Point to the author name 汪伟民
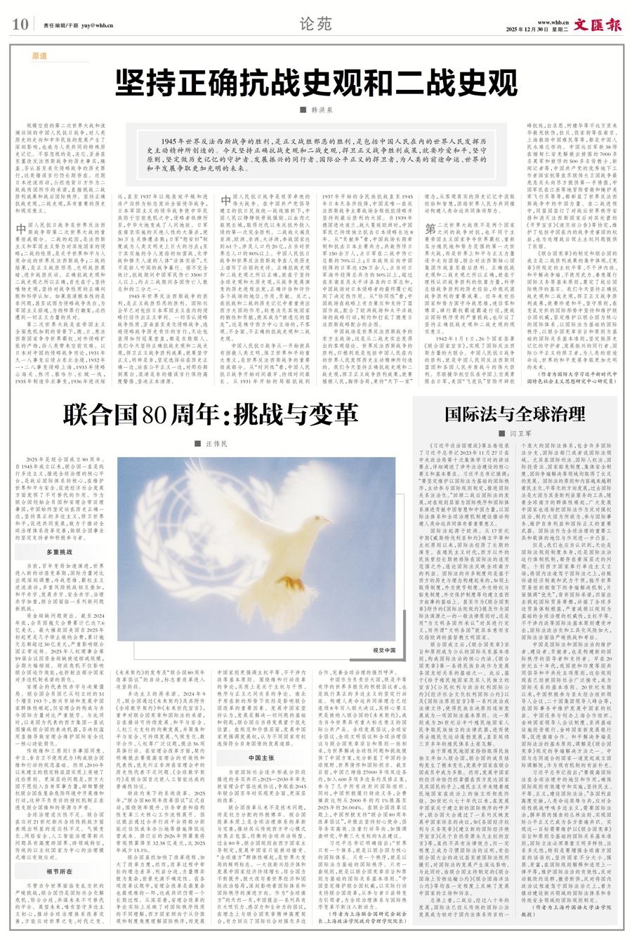216,444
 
